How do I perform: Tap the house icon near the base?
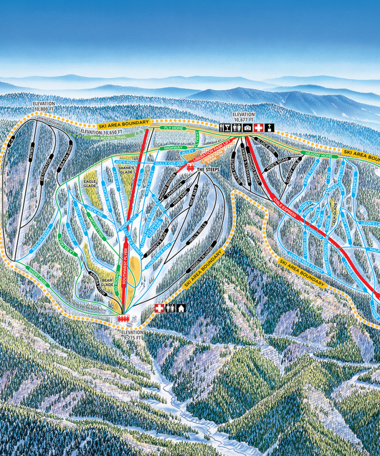(x=181, y=308)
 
